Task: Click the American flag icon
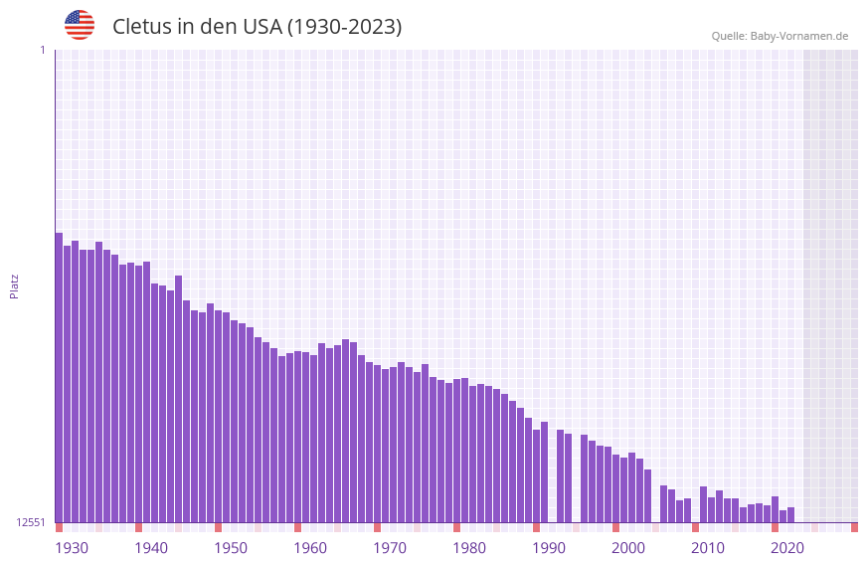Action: (80, 25)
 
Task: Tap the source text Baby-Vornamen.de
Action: (798, 36)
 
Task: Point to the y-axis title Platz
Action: (14, 286)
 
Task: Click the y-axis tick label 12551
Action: (30, 522)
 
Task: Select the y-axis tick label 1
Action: (43, 50)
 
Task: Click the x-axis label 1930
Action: (72, 548)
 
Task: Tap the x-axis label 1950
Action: (231, 548)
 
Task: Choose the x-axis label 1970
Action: (390, 548)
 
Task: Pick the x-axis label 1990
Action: (549, 548)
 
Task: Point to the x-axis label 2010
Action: (708, 548)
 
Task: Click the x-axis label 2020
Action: (787, 548)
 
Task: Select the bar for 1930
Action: (59, 378)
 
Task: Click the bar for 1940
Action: (138, 394)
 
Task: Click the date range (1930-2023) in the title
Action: (344, 27)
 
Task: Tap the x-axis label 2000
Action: (628, 548)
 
